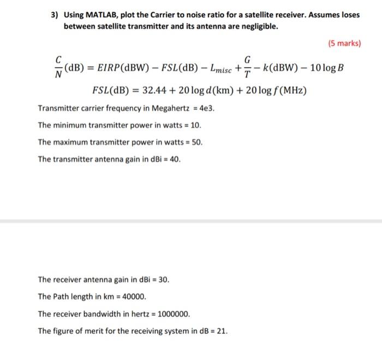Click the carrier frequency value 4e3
point(206,108)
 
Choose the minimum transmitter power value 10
point(195,125)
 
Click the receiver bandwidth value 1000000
point(172,314)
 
